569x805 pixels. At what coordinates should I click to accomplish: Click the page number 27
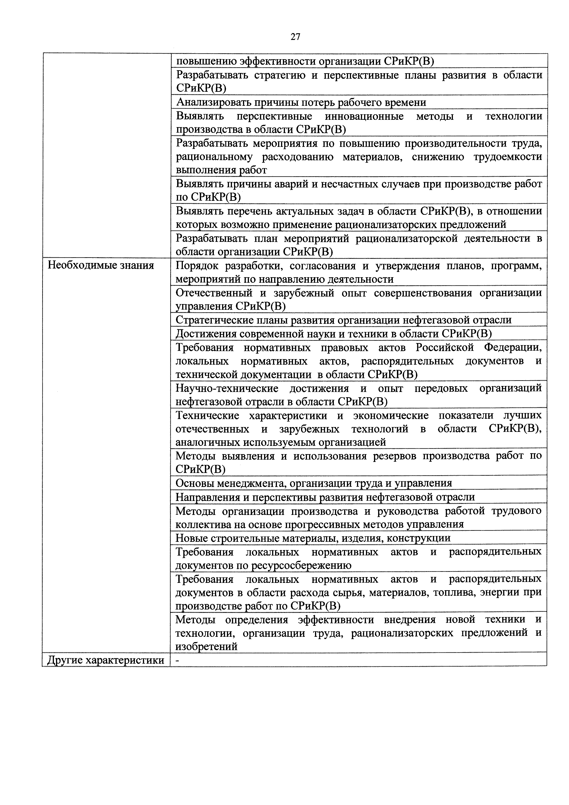pyautogui.click(x=295, y=37)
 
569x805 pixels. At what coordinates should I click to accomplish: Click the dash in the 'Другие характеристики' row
pyautogui.click(x=177, y=660)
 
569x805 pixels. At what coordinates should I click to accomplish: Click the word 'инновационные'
pyautogui.click(x=364, y=116)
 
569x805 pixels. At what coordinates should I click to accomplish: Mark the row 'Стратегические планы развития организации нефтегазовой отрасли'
pyautogui.click(x=343, y=320)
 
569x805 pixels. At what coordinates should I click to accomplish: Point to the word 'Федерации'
pyautogui.click(x=513, y=347)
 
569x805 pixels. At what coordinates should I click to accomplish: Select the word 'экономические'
pyautogui.click(x=390, y=416)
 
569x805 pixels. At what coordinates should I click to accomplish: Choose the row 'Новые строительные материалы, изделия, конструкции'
pyautogui.click(x=313, y=538)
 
